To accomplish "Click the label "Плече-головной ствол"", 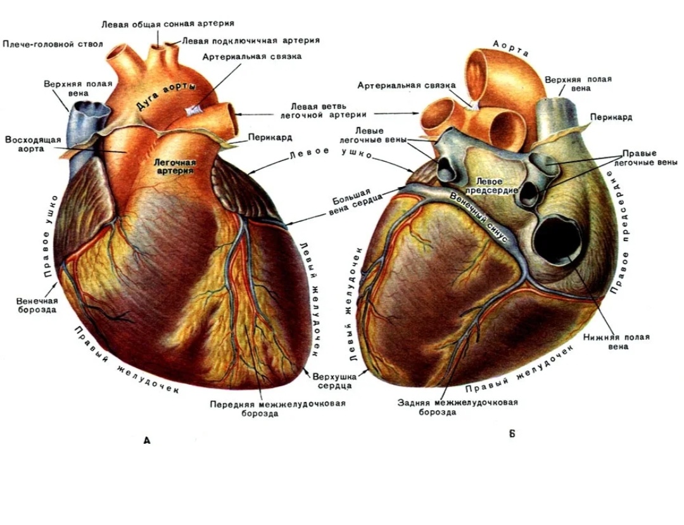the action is tap(53, 44).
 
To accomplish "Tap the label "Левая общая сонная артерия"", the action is tap(168, 23).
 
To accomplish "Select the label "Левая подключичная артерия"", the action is tap(250, 41).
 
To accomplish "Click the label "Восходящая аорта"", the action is tap(33, 144).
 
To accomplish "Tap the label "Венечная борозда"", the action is tap(37, 306).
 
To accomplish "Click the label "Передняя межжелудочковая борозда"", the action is tap(278, 408).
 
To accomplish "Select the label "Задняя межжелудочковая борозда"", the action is tap(458, 407).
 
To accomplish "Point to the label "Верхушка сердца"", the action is tap(334, 381).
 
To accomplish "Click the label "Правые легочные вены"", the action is tap(645, 158).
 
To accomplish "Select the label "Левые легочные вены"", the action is tap(372, 135).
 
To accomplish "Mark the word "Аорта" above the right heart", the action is tap(511, 48).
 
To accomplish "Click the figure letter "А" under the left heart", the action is tap(147, 440).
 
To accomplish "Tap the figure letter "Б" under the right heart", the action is tap(512, 434).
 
